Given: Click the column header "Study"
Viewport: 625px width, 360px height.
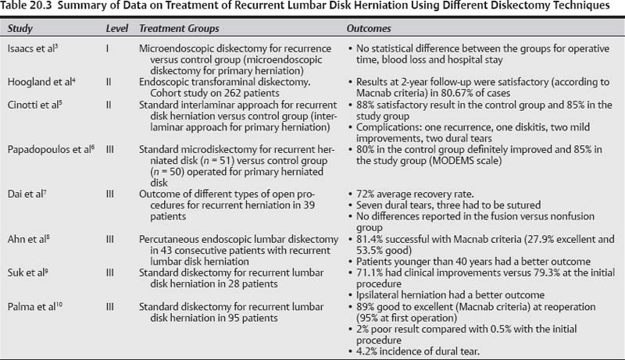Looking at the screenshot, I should tap(20, 28).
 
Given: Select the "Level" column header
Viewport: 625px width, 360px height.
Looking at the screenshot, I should tap(117, 28).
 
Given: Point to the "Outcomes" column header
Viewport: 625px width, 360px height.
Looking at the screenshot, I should tap(369, 28).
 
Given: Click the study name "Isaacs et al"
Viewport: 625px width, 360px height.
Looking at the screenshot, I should tap(30, 47).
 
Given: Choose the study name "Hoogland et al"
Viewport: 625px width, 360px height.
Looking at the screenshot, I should tap(37, 80).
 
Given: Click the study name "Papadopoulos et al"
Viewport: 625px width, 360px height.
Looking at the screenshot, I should tap(46, 148).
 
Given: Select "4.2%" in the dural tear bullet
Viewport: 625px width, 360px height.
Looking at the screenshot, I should tap(365, 351).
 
